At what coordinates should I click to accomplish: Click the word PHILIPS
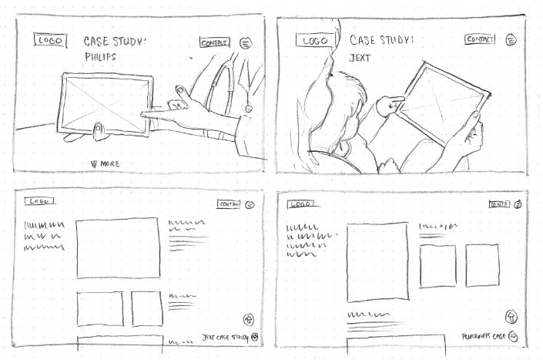point(102,57)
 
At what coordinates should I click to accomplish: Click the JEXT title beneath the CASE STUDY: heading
point(360,57)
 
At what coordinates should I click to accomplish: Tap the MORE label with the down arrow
point(106,163)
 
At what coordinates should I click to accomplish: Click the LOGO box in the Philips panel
point(48,41)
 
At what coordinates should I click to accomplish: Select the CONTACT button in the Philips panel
point(214,42)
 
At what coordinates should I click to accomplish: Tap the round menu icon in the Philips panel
point(246,43)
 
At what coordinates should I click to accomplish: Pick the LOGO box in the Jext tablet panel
point(314,40)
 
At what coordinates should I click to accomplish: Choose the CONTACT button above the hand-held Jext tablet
point(481,39)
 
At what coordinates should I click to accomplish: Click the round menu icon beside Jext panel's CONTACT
point(511,39)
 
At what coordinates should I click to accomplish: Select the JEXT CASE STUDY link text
point(225,338)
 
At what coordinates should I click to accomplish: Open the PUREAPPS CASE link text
point(483,337)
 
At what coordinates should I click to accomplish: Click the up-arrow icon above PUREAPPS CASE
point(510,316)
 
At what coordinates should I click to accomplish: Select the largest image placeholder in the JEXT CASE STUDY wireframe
point(117,247)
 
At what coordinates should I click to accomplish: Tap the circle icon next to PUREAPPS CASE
point(513,337)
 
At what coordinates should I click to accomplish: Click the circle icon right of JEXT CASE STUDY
point(255,338)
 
